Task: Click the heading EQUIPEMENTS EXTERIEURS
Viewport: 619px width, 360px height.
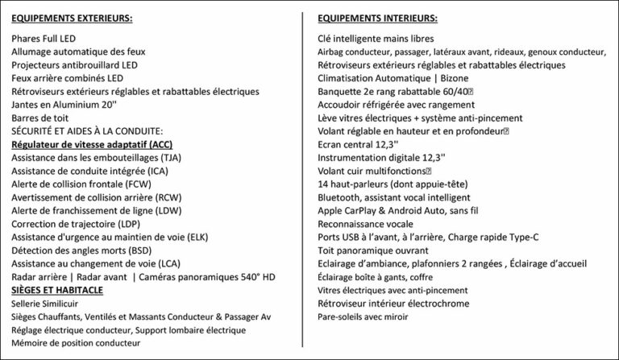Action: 72,18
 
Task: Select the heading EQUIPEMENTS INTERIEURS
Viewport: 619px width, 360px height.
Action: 378,18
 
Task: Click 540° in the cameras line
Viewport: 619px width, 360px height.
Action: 241,277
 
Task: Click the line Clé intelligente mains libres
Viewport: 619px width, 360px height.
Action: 376,39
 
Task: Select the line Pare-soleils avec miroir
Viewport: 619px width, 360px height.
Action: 363,317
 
